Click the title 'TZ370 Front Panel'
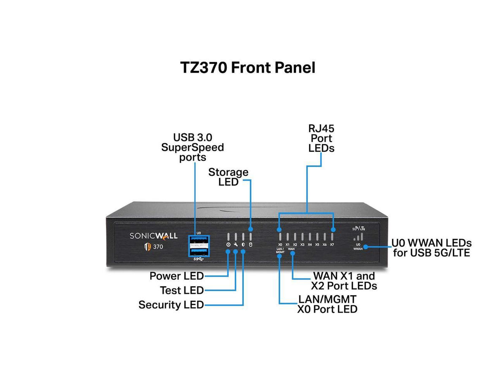point(248,67)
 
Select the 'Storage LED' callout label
point(228,177)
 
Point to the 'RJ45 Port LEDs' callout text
point(321,138)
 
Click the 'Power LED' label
point(176,276)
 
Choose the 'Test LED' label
point(181,291)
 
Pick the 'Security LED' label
point(171,305)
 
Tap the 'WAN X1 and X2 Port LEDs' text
point(343,281)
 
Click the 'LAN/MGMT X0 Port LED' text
point(327,304)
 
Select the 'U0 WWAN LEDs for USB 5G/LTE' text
point(431,248)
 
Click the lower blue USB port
point(199,252)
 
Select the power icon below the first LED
point(228,245)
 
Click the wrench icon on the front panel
point(235,245)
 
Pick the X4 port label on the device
point(310,245)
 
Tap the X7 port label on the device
point(332,245)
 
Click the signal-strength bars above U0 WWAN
point(359,236)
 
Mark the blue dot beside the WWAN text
point(366,247)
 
